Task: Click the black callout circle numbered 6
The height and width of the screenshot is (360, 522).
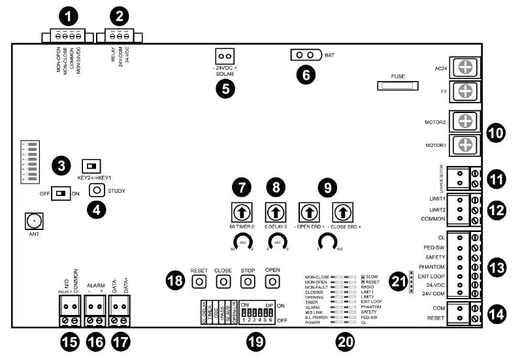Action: point(304,74)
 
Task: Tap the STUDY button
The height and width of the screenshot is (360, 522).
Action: point(97,190)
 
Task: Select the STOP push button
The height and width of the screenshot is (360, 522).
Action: point(248,281)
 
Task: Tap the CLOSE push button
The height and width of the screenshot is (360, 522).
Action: point(223,281)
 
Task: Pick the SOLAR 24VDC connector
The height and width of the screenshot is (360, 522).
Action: point(225,57)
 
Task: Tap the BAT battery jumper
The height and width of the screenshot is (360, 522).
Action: point(306,55)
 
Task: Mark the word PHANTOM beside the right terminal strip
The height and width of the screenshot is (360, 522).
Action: point(432,267)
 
